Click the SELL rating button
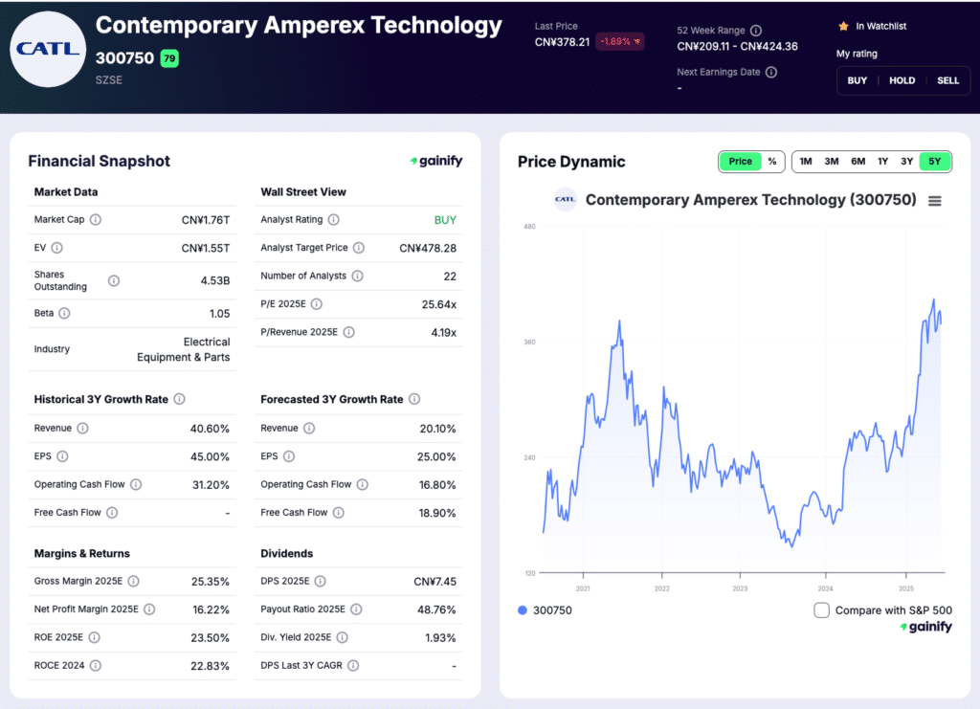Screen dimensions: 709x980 click(x=947, y=80)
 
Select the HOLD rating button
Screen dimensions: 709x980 click(x=902, y=80)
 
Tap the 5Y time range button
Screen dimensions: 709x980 click(x=935, y=161)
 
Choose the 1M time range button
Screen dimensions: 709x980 click(x=806, y=161)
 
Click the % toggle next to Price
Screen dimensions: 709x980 click(x=771, y=161)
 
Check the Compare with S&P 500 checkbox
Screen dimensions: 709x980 click(x=821, y=610)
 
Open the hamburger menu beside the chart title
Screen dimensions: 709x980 click(x=935, y=201)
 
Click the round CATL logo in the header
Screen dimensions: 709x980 click(x=48, y=49)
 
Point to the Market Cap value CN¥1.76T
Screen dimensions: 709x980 click(x=206, y=220)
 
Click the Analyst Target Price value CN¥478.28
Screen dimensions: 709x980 click(x=428, y=248)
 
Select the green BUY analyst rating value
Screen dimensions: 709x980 click(x=445, y=220)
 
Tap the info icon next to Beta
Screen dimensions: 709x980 click(x=65, y=313)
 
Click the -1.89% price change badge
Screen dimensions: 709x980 click(x=620, y=41)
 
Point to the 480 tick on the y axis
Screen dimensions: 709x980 click(x=529, y=227)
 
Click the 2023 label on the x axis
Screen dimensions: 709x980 click(x=740, y=588)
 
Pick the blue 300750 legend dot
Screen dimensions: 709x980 click(x=522, y=610)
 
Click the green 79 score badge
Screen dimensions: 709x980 click(x=169, y=58)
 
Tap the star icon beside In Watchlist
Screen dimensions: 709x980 click(x=843, y=26)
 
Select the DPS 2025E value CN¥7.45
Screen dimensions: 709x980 click(x=434, y=582)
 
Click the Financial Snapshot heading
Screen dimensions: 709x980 click(x=99, y=161)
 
